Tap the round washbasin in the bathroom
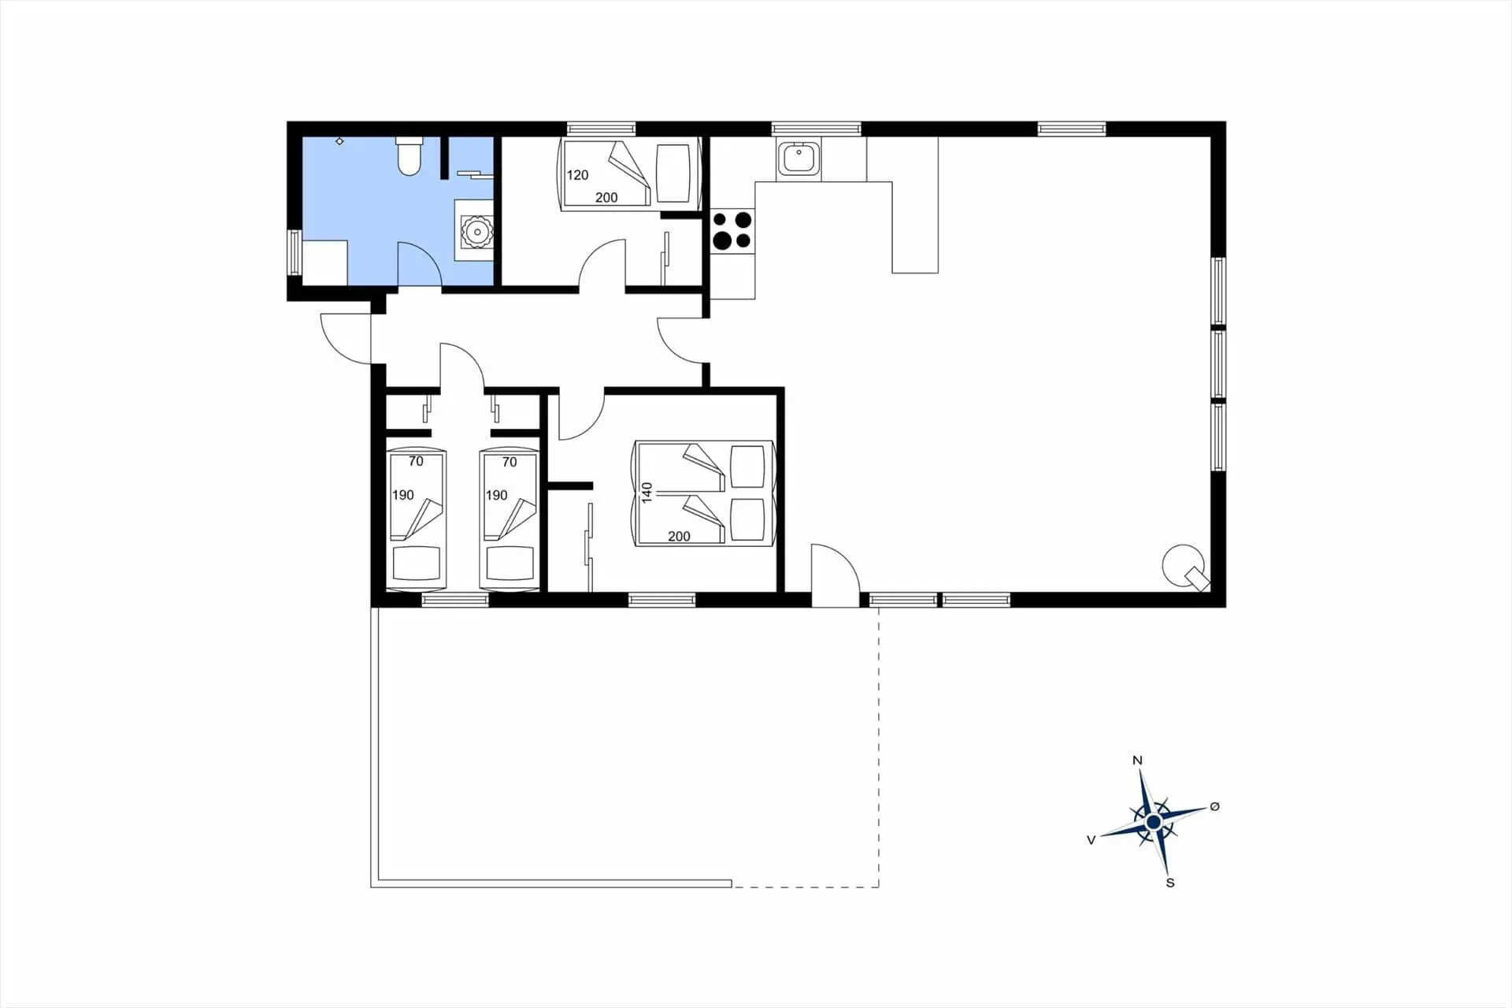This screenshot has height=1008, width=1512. click(x=476, y=232)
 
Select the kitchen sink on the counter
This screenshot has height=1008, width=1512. click(x=799, y=158)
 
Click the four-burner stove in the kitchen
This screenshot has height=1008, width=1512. click(x=732, y=230)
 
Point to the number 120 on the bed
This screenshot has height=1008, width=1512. click(x=577, y=175)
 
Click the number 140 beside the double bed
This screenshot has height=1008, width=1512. click(x=647, y=493)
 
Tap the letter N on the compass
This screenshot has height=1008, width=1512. click(x=1137, y=761)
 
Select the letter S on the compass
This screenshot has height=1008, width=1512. click(x=1170, y=883)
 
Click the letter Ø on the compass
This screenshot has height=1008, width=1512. click(x=1214, y=806)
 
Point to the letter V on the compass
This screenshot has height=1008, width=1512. click(x=1091, y=840)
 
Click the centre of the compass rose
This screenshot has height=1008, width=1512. click(x=1154, y=823)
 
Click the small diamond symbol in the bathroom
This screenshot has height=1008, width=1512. click(x=339, y=141)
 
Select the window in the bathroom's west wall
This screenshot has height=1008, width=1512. click(x=294, y=252)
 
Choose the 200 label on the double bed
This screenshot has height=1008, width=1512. click(x=679, y=537)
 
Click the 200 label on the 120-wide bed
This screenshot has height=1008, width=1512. click(x=606, y=198)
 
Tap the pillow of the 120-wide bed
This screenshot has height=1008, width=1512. click(x=673, y=173)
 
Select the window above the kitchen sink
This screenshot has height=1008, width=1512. click(x=816, y=128)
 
